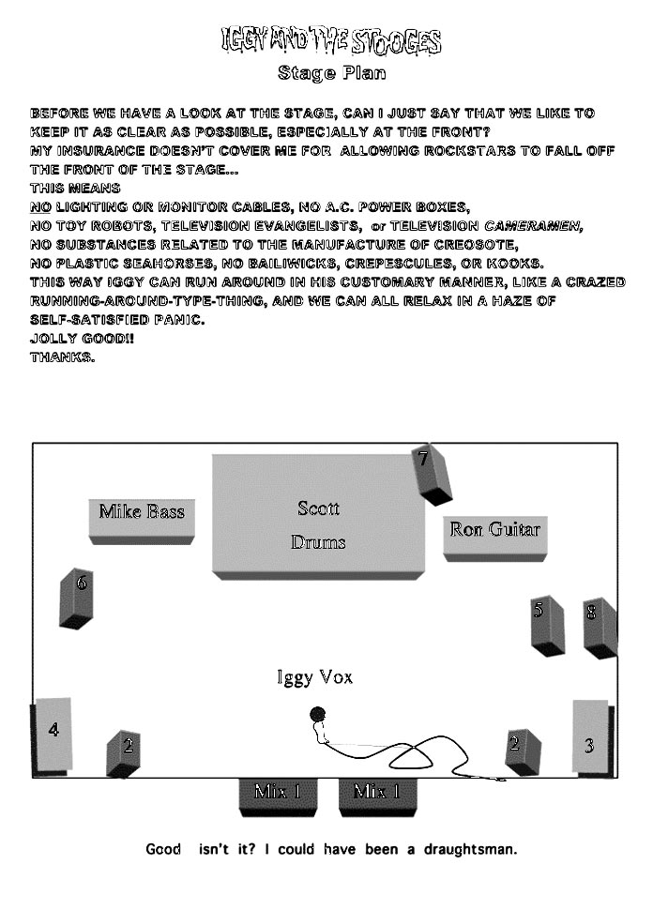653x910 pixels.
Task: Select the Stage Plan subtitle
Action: click(x=331, y=73)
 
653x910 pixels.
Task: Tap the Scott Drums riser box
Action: click(x=318, y=517)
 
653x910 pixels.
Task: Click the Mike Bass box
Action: click(x=142, y=521)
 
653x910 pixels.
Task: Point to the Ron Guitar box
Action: click(x=495, y=538)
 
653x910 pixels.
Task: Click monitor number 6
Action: click(x=76, y=599)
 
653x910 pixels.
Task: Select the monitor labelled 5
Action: click(x=547, y=627)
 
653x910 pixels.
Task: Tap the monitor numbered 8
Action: click(x=600, y=628)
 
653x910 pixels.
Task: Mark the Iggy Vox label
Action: click(x=314, y=677)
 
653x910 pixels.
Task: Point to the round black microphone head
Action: click(x=317, y=714)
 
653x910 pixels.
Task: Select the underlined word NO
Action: click(x=40, y=207)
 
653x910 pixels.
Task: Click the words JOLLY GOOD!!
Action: click(x=82, y=339)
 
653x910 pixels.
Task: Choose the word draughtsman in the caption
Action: click(x=470, y=850)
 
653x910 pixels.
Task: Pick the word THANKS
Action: click(x=63, y=357)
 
